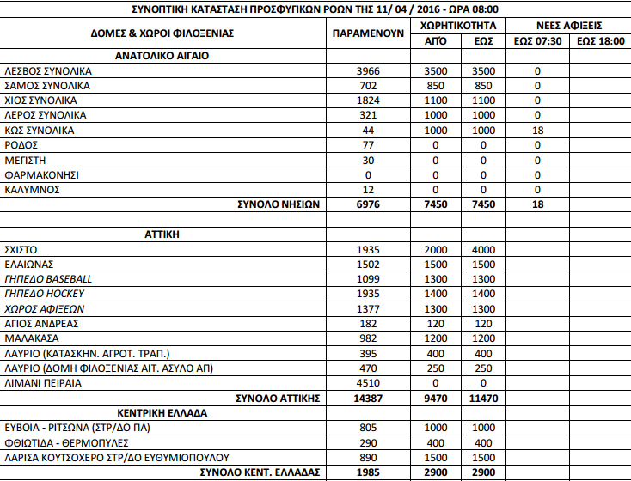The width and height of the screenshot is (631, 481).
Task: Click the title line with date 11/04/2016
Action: tap(315, 8)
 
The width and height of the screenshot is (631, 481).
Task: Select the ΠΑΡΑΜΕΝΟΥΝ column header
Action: tap(369, 33)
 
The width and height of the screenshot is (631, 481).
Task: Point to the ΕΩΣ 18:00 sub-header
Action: tap(600, 40)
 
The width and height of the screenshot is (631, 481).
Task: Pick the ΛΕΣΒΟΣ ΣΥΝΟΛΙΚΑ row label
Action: tap(45, 71)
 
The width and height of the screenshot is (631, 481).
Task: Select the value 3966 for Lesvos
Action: tap(368, 71)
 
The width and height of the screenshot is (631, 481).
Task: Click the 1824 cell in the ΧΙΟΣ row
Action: tap(368, 100)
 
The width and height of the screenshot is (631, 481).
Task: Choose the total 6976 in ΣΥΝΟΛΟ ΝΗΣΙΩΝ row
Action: tap(368, 204)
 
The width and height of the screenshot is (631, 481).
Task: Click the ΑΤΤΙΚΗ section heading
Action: tap(162, 234)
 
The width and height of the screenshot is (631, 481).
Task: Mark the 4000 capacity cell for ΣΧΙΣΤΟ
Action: tap(484, 249)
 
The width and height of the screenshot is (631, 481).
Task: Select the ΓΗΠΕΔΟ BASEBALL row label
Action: tap(48, 279)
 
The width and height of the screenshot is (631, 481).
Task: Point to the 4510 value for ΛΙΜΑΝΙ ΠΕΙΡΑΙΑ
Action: tap(368, 383)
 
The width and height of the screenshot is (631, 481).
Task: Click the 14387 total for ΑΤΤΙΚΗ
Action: tap(368, 398)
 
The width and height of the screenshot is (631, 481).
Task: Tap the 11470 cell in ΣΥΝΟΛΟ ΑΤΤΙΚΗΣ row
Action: tap(484, 398)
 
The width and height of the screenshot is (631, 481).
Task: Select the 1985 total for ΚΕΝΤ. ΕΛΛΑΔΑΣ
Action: tap(368, 472)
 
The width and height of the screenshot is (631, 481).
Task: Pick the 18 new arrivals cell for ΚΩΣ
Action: tap(537, 130)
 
